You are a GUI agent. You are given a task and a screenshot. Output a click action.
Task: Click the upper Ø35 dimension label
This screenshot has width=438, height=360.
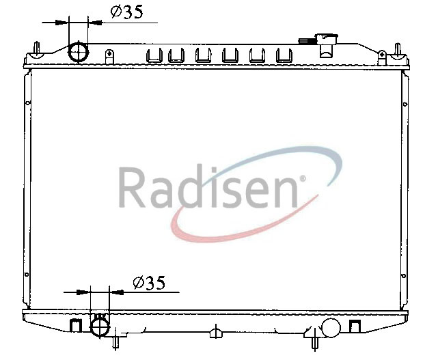coord(127,12)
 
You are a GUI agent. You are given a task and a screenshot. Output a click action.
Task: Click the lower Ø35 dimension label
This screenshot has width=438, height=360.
coord(149,283)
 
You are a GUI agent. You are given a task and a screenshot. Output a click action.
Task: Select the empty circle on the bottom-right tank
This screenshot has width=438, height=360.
coord(331,328)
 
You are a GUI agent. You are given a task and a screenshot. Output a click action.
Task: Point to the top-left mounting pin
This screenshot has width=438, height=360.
coord(36,50)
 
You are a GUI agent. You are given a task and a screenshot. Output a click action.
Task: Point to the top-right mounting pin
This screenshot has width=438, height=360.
coord(398,51)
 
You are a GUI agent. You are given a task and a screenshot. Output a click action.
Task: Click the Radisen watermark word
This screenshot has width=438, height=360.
coord(208,186)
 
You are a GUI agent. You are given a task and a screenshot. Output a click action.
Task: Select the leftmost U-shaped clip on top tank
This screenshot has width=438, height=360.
coord(154,55)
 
